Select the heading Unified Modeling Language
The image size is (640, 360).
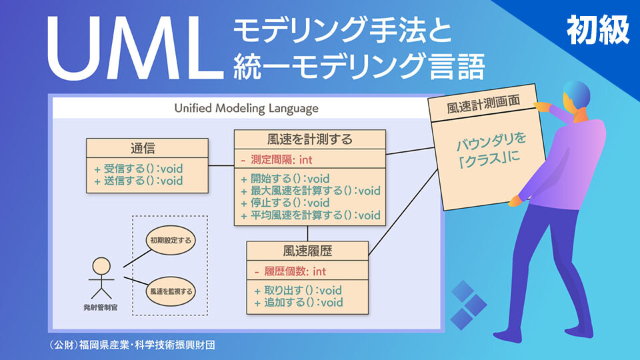click(246, 108)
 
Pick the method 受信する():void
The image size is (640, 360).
click(138, 168)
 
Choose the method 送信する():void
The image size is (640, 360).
click(138, 180)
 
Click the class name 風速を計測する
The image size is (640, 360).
click(309, 139)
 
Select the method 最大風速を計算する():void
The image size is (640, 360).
click(310, 191)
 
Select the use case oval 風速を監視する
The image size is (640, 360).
click(171, 291)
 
